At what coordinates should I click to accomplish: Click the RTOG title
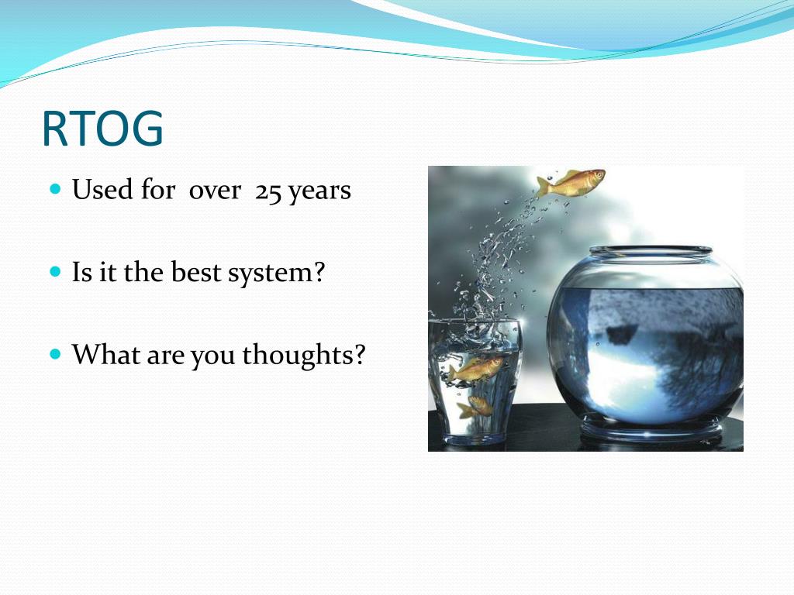(103, 129)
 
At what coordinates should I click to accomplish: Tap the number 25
(268, 192)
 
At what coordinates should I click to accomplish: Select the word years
(319, 193)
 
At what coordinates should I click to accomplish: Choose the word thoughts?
(304, 355)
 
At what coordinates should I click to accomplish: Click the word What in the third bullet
(106, 354)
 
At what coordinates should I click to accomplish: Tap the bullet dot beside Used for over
(56, 189)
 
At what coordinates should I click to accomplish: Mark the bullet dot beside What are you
(56, 353)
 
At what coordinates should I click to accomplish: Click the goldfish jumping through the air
(571, 183)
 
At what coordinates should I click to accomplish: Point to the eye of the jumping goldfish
(599, 175)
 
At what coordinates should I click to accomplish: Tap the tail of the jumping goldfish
(543, 185)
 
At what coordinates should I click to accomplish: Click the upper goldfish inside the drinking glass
(475, 369)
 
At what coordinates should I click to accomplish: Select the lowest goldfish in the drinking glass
(475, 406)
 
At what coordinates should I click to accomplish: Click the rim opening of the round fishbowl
(651, 251)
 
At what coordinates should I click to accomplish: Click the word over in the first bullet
(215, 192)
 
